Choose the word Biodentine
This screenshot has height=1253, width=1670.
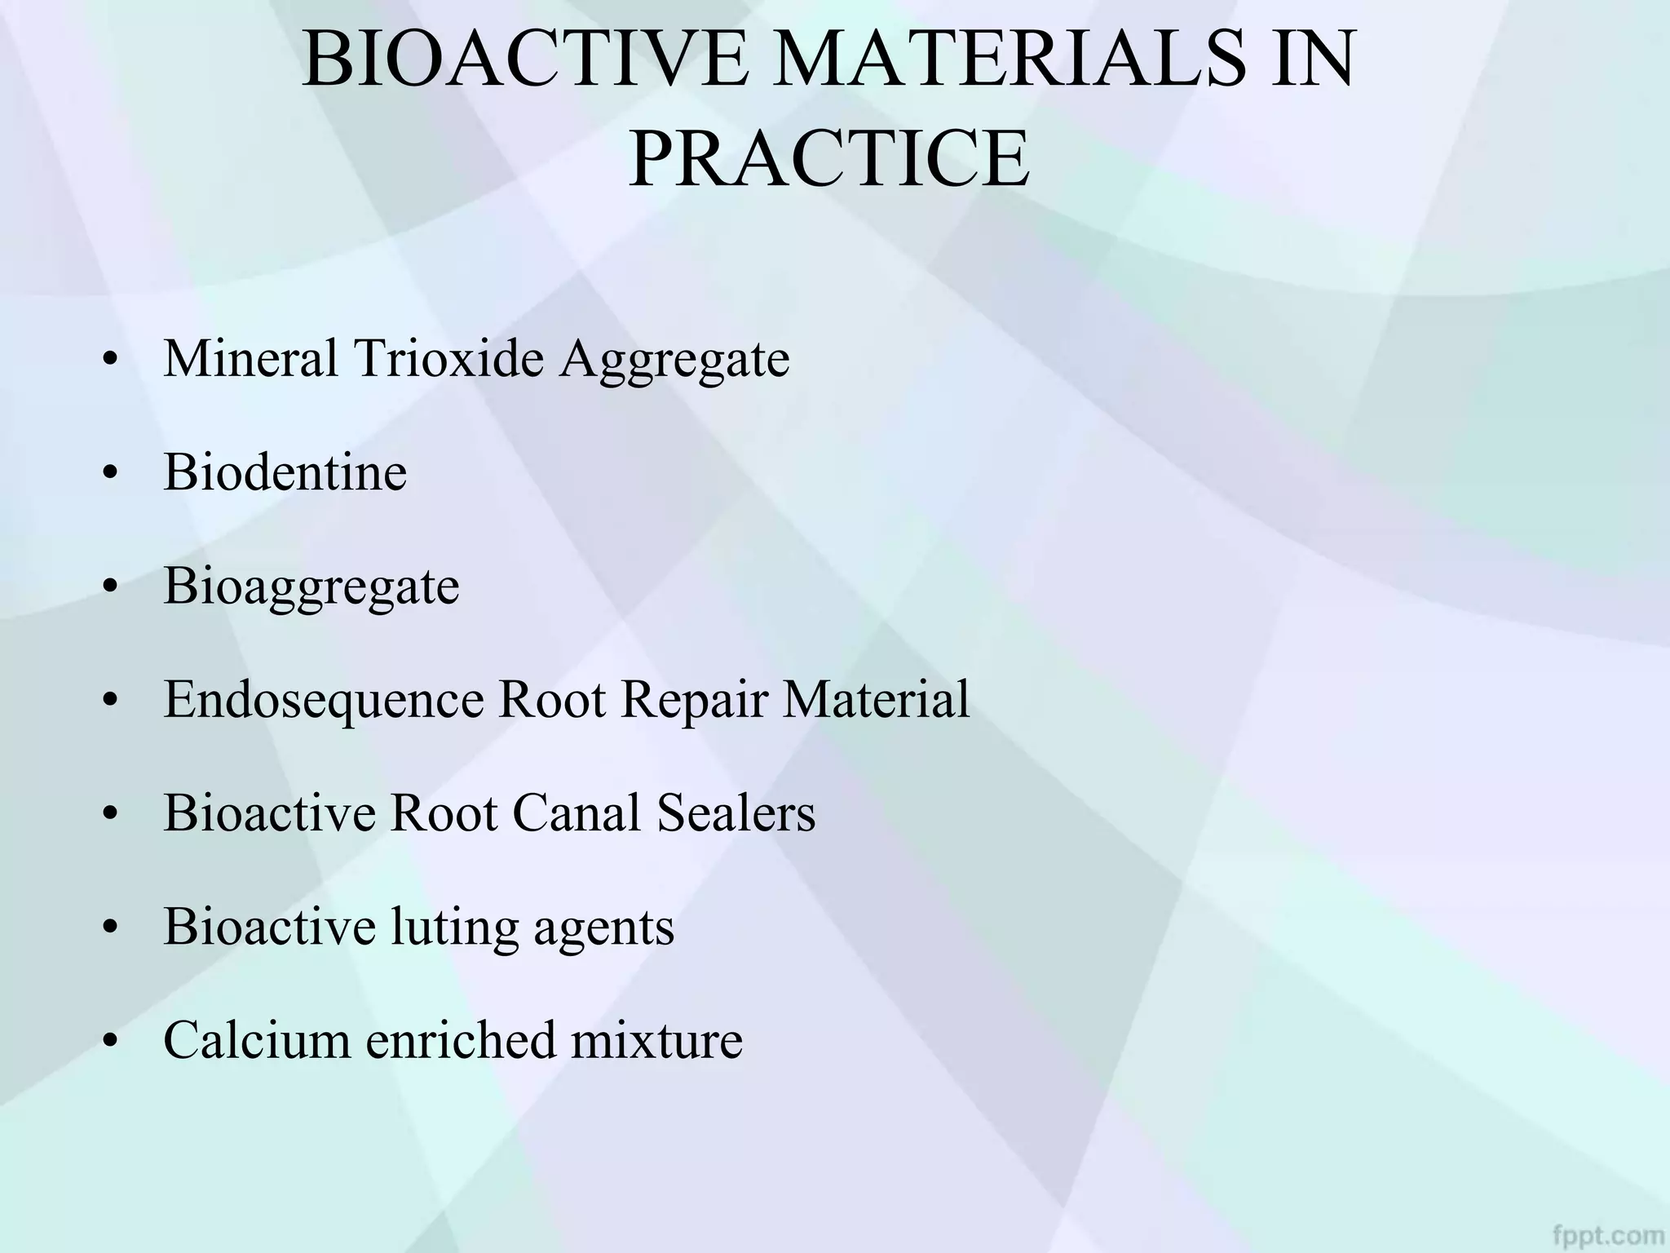(285, 472)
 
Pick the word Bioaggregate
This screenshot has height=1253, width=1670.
(311, 587)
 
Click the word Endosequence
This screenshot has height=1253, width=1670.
(323, 700)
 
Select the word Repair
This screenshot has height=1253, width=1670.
(694, 700)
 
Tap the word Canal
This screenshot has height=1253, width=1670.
(577, 812)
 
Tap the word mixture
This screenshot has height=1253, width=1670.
(656, 1040)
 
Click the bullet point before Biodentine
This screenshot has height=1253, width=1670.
(112, 474)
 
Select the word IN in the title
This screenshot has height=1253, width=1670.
(1314, 59)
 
